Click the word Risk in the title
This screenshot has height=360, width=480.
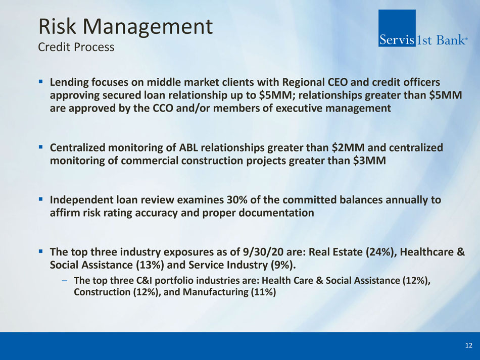coord(57,26)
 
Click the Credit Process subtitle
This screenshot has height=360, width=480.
coord(76,47)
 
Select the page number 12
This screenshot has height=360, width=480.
coord(468,346)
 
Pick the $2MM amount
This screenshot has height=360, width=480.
coord(348,148)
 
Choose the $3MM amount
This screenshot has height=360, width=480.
coord(369,161)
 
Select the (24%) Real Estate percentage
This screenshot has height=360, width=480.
coord(379,252)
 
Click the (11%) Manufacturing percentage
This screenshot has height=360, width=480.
coord(263,292)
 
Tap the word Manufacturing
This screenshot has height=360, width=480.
coord(216,292)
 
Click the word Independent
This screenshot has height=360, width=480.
coord(81,200)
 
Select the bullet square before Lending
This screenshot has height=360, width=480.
coord(41,82)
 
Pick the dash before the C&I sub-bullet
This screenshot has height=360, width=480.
coord(65,281)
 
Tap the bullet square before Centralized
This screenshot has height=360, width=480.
coord(41,147)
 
